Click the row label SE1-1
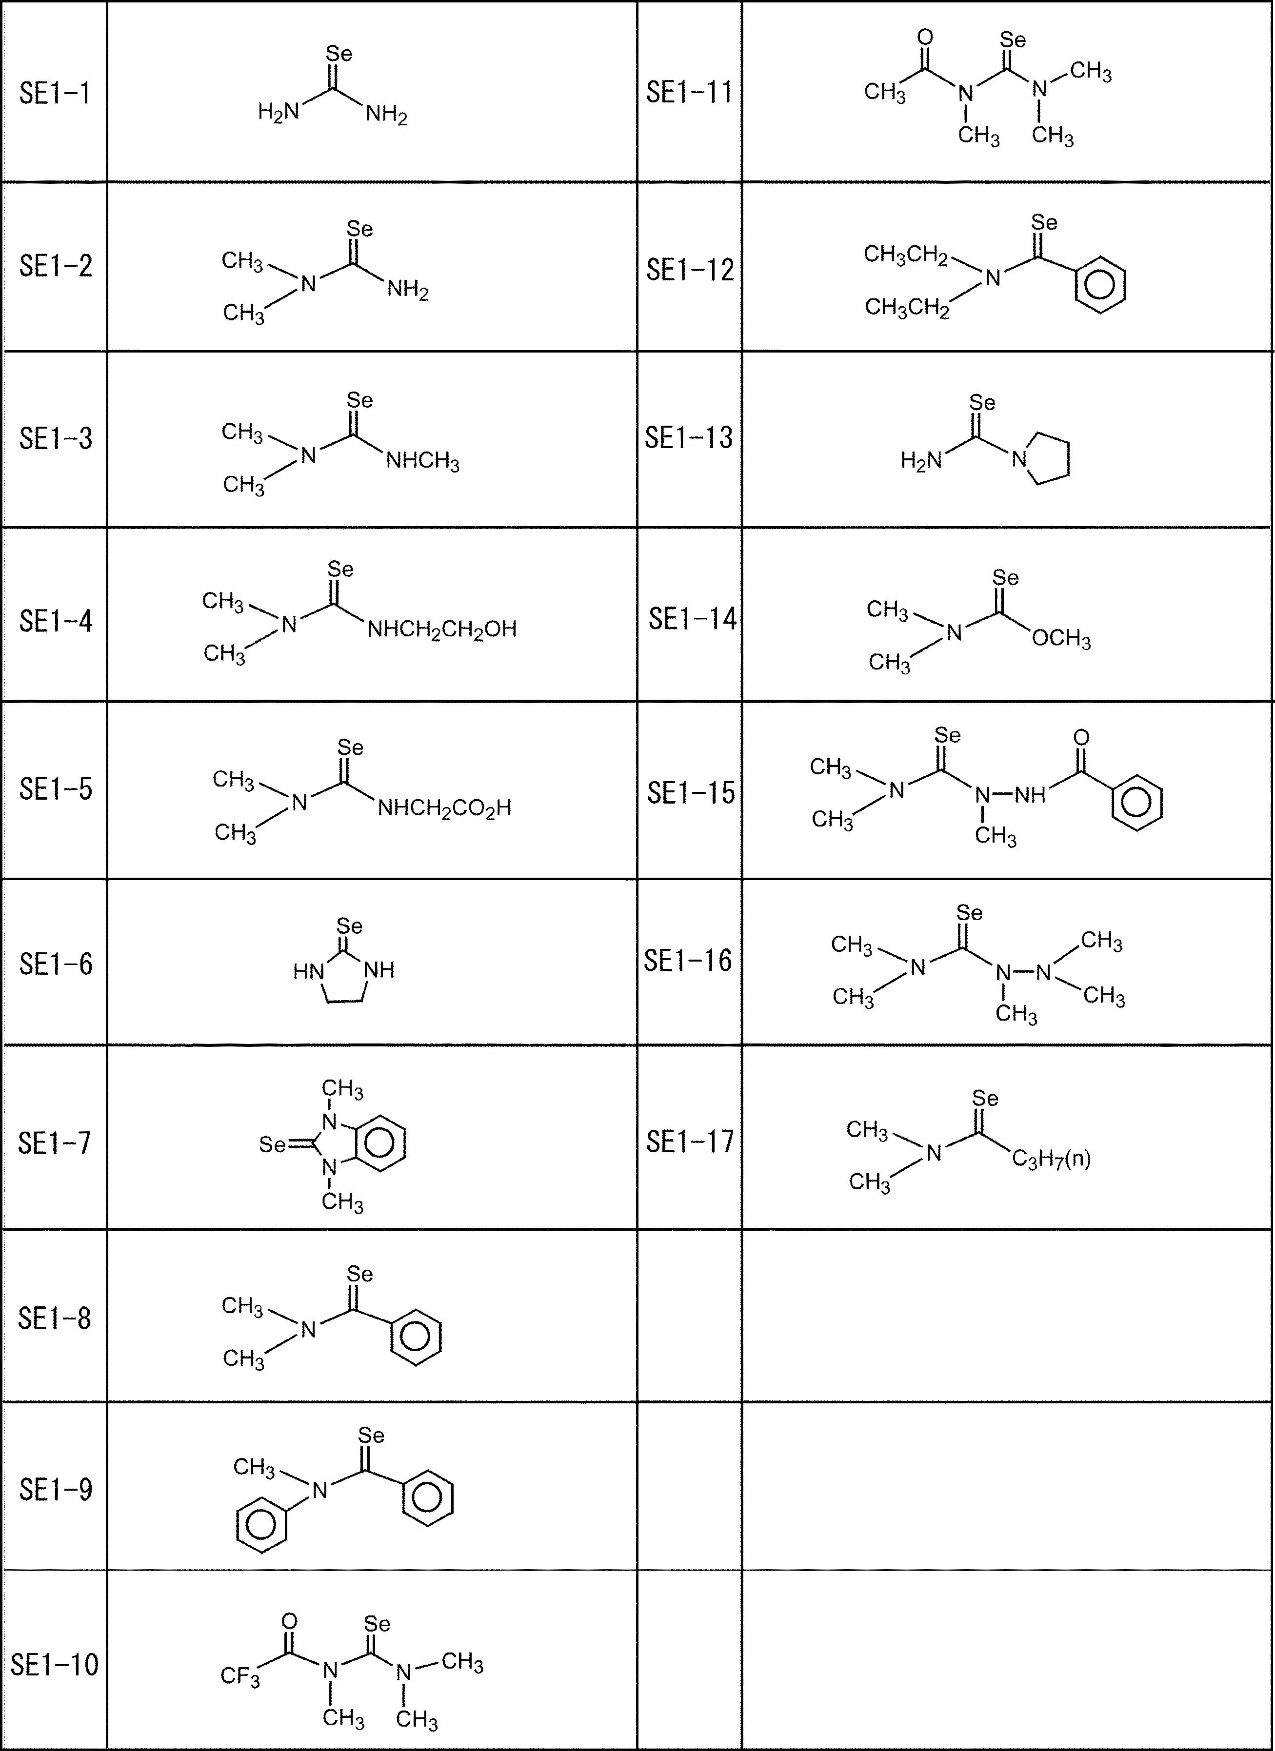click(55, 94)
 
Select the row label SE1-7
click(55, 1143)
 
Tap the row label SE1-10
click(55, 1665)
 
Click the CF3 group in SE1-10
click(240, 1676)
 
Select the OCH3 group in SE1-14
click(1061, 640)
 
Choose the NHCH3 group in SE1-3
click(422, 462)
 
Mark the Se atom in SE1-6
click(349, 925)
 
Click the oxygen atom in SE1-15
click(1081, 737)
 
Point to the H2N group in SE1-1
click(278, 113)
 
